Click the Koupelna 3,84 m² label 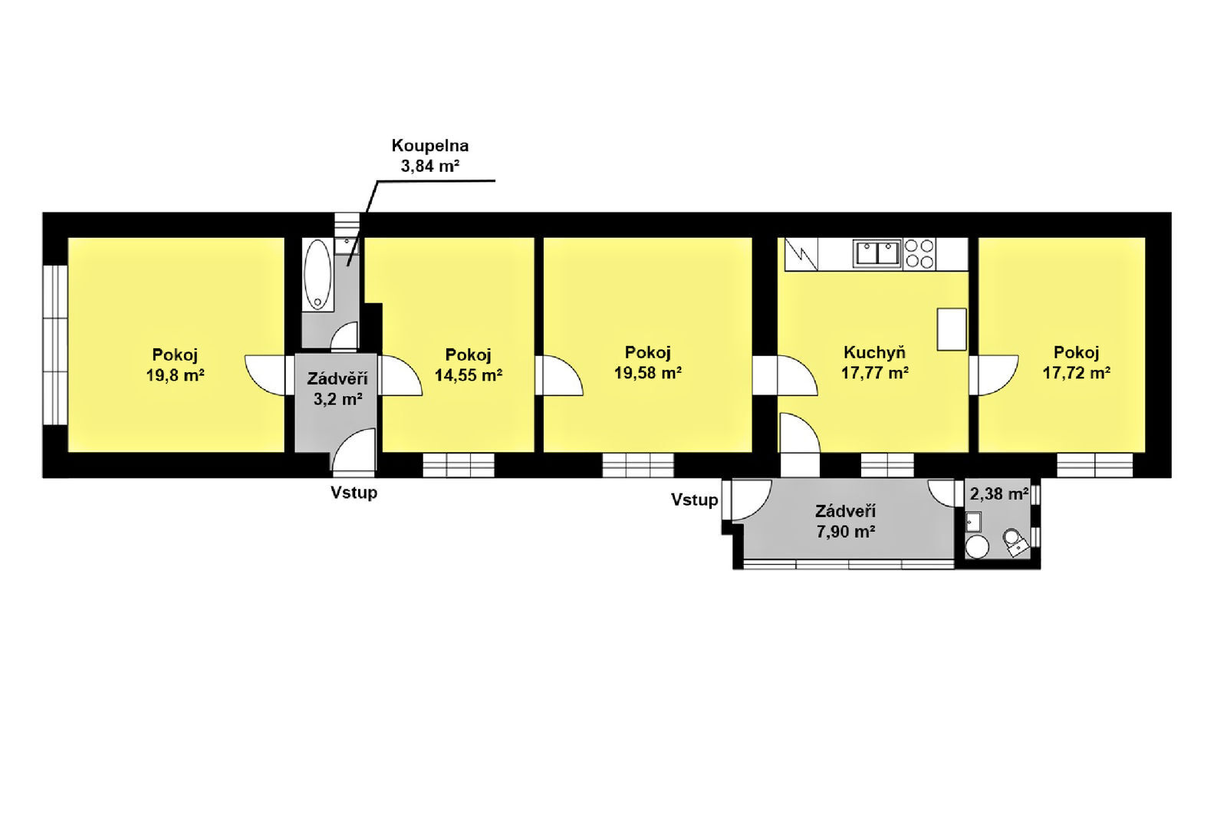pos(430,156)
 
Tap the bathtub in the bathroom pos(317,274)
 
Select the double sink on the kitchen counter pos(877,254)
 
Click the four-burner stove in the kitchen pos(919,254)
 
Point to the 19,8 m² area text pos(176,375)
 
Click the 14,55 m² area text pos(469,375)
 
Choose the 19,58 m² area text pos(647,373)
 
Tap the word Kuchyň pos(874,352)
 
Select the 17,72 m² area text pos(1077,373)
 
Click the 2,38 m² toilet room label pos(999,494)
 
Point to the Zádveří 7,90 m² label pos(845,521)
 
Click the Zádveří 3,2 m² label pos(337,389)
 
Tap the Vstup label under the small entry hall pos(354,493)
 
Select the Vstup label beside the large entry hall pos(695,500)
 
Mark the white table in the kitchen pos(952,329)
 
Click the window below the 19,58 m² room pos(638,465)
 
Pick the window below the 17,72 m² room pos(1094,465)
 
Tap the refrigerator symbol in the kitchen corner pos(801,254)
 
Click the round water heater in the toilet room pos(977,546)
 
